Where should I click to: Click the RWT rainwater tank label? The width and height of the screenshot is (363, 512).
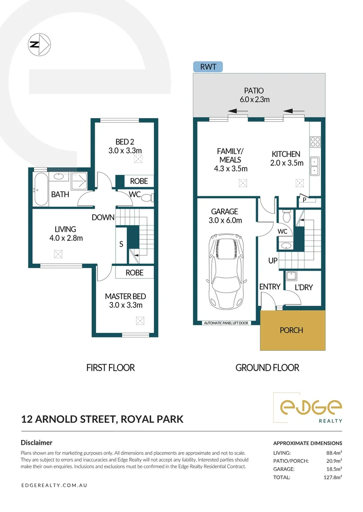pyautogui.click(x=208, y=67)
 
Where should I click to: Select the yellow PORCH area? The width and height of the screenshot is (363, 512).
pyautogui.click(x=292, y=330)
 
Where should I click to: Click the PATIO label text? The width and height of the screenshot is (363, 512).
pyautogui.click(x=254, y=91)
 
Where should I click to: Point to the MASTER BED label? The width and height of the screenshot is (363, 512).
pyautogui.click(x=124, y=296)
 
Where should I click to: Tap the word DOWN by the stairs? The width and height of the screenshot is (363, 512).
pyautogui.click(x=103, y=217)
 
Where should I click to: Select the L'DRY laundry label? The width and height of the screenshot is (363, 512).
pyautogui.click(x=303, y=287)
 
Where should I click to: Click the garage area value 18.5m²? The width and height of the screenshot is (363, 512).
pyautogui.click(x=333, y=469)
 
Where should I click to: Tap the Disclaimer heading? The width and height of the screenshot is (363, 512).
pyautogui.click(x=36, y=442)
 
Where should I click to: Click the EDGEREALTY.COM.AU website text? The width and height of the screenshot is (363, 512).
pyautogui.click(x=54, y=485)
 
